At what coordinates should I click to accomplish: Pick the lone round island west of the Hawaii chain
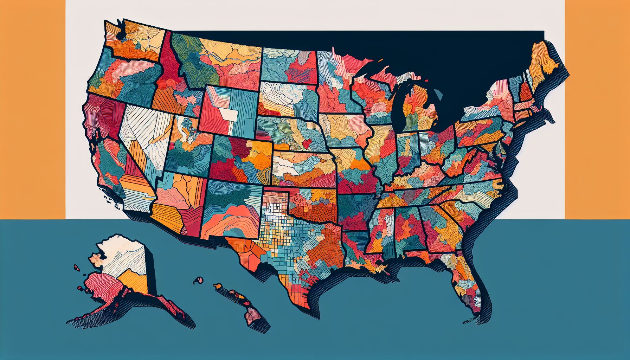tap(199, 280)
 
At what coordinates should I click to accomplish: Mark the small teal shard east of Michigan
tap(438, 95)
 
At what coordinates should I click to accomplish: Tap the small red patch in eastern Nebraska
tap(307, 143)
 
